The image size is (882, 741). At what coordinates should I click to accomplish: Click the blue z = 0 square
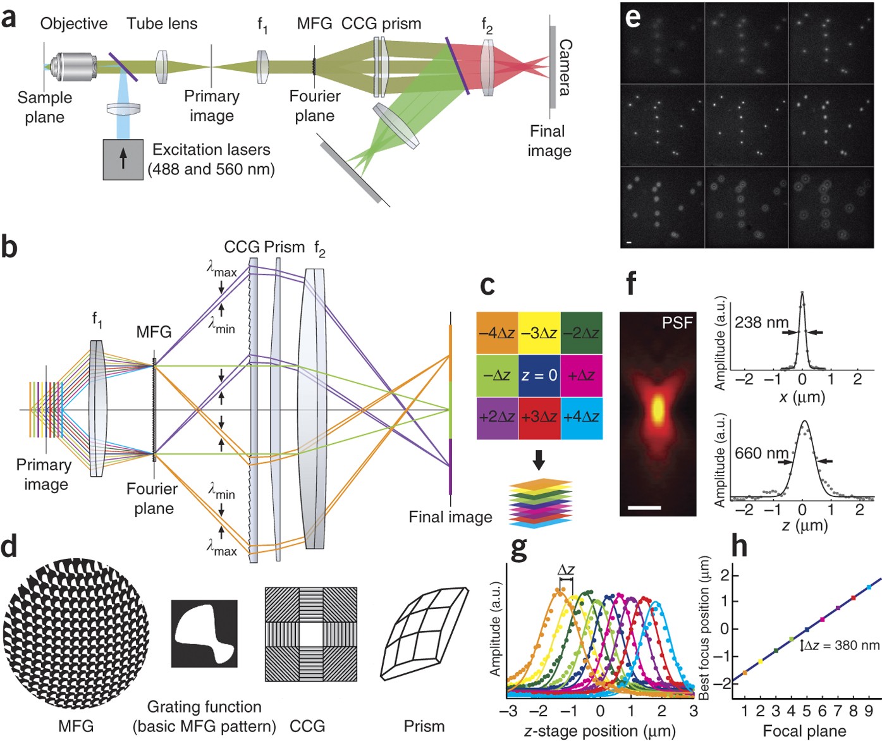point(539,376)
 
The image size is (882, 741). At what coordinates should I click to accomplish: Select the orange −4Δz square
point(497,333)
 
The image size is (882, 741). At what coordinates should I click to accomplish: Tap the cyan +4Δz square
point(582,418)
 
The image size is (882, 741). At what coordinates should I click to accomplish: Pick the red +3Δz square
point(539,418)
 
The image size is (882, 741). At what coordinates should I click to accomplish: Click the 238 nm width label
point(761,322)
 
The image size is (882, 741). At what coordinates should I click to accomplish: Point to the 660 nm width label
point(761,453)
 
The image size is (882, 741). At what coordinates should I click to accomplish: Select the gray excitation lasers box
point(123,159)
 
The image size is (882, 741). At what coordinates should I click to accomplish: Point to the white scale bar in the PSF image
point(645,507)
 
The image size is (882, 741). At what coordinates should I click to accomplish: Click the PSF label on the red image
point(677,323)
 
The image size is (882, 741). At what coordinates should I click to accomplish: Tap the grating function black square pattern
point(204,634)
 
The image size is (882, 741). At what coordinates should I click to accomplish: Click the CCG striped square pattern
point(310,634)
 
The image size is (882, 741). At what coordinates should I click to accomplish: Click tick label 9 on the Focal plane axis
point(869,712)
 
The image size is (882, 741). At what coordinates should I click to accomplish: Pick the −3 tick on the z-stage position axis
point(508,711)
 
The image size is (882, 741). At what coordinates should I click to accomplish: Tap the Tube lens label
point(162,24)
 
